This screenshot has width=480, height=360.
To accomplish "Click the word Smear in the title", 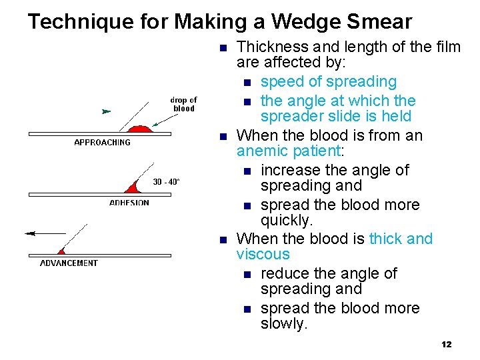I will (379, 22).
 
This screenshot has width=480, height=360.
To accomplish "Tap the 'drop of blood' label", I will (184, 105).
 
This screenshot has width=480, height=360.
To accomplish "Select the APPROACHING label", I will (102, 143).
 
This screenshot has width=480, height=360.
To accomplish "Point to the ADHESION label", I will (129, 203).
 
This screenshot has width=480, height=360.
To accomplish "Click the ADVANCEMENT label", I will (69, 263).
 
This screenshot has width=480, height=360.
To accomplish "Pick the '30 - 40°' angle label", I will (166, 181).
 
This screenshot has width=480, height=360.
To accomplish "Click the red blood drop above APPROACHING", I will (140, 128).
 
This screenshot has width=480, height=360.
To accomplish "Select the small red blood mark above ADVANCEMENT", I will (61, 251).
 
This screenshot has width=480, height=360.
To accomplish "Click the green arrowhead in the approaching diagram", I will (105, 111).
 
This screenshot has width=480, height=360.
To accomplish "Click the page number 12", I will (446, 345).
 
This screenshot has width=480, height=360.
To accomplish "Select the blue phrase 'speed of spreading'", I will (328, 82).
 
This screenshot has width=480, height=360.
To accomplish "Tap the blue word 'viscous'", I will (263, 255).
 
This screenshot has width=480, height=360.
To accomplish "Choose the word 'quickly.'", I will (287, 220).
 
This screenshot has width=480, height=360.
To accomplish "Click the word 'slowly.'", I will (284, 324).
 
